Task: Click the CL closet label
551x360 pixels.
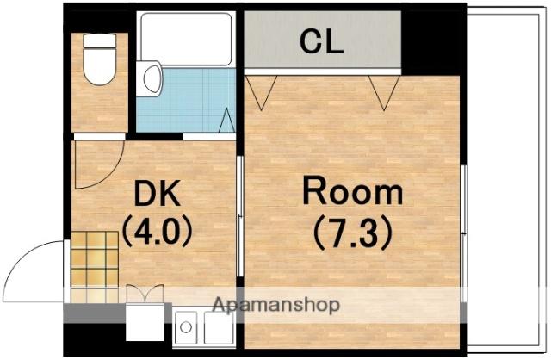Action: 321,42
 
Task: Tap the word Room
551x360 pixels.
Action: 352,191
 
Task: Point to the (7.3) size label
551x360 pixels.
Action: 352,233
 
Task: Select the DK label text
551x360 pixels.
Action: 157,193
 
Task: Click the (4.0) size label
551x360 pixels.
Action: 157,230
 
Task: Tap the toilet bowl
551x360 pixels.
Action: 100,66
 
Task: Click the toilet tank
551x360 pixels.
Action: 100,40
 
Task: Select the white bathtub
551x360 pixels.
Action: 186,39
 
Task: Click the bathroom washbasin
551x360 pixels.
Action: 150,78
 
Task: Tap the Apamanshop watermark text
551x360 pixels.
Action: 276,305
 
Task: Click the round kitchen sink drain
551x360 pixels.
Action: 186,327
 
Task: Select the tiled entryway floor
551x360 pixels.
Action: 95,267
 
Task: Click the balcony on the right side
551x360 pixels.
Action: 507,180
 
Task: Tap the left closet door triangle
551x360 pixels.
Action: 261,93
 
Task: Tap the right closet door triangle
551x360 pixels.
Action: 384,93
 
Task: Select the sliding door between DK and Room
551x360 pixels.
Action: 240,216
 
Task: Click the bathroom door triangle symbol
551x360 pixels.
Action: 226,121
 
